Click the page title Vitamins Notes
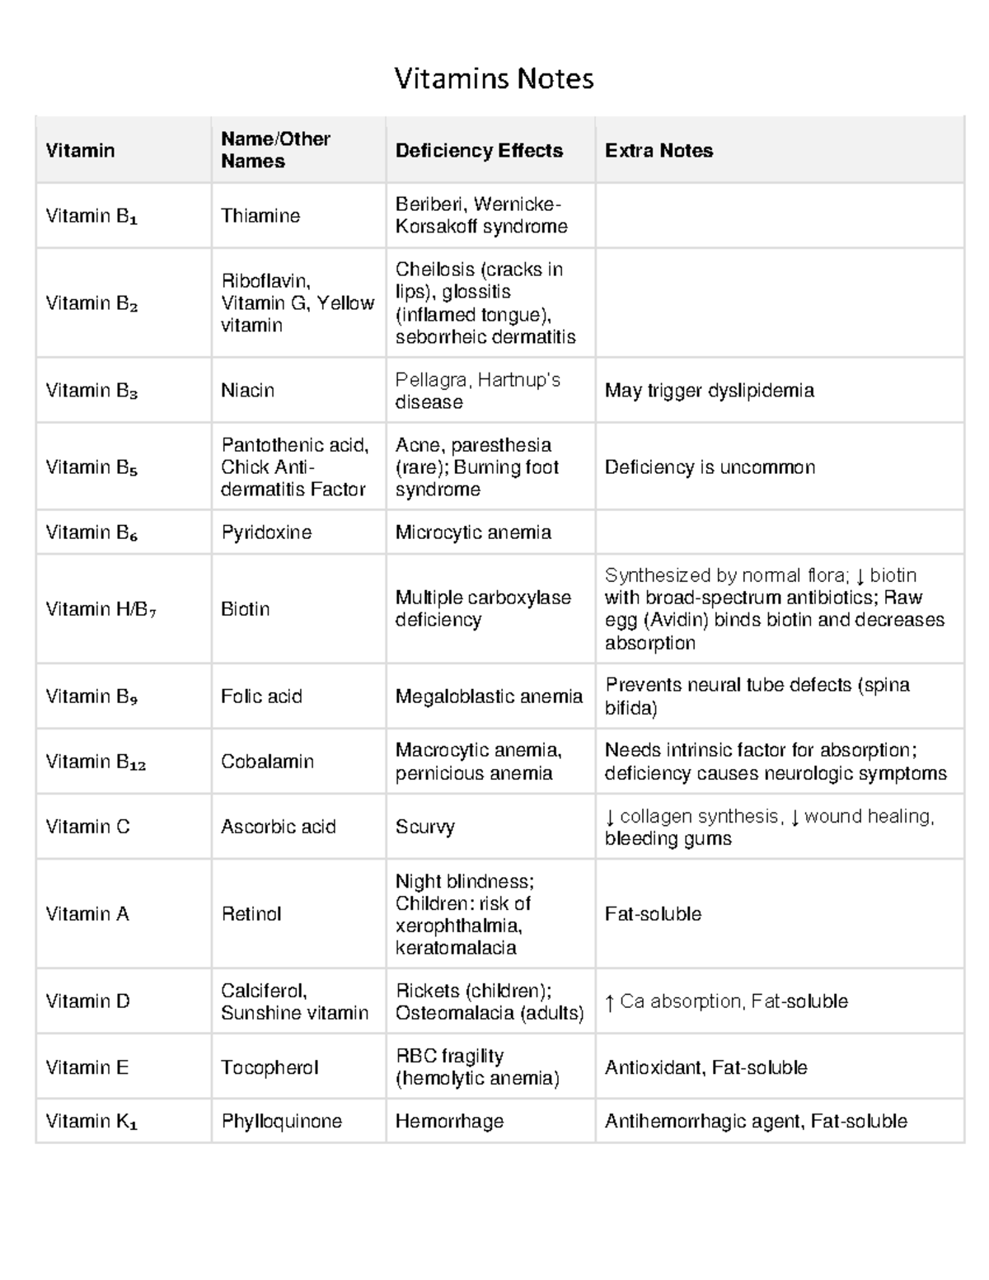[494, 79]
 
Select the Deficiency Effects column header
[479, 151]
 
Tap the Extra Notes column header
[659, 151]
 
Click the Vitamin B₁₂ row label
[96, 762]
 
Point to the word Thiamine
[260, 216]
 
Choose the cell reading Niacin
[247, 391]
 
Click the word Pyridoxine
[266, 532]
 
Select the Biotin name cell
[246, 609]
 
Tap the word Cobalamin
[267, 762]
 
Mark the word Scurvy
[425, 827]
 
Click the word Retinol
[251, 914]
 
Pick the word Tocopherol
[270, 1067]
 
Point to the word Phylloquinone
[281, 1121]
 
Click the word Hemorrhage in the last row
[449, 1121]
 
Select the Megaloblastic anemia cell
[489, 696]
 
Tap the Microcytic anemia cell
[473, 532]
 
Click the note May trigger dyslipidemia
[709, 391]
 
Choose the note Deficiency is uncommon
[710, 467]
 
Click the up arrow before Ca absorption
[609, 1002]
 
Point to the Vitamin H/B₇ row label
[101, 609]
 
